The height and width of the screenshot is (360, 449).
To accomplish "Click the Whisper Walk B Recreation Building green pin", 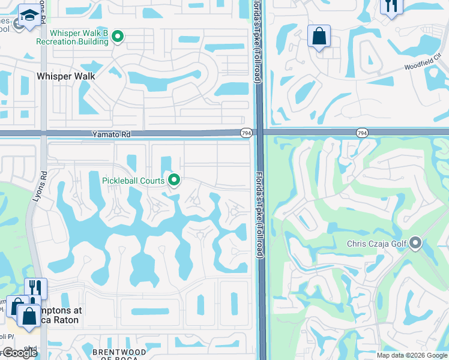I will pos(118,37).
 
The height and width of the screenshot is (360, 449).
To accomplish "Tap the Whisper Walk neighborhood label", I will pos(65,76).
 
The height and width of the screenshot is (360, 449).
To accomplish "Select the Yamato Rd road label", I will pos(110,135).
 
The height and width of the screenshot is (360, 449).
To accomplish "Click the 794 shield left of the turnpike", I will pos(246,133).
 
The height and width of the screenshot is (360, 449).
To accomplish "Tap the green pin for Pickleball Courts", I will pos(175,179).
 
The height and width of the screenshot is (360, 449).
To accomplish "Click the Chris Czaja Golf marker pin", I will pos(415,244).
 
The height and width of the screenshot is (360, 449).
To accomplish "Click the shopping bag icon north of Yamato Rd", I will pos(319,36).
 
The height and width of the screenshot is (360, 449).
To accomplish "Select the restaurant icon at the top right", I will pos(391,6).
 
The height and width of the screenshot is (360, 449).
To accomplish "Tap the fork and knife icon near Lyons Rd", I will pos(35,289).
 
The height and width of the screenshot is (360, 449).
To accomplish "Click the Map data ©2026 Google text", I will pos(412,355).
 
